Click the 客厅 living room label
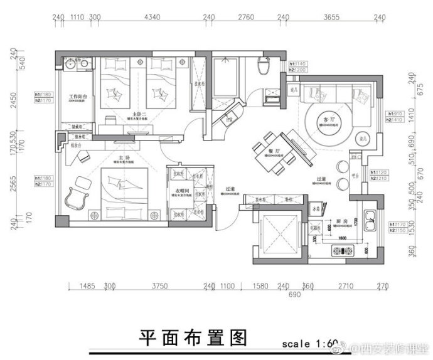pyautogui.click(x=326, y=119)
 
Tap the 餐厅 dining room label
pyautogui.click(x=272, y=151)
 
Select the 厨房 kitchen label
pyautogui.click(x=341, y=221)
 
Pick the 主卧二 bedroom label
pyautogui.click(x=131, y=113)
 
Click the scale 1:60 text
pyautogui.click(x=309, y=344)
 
